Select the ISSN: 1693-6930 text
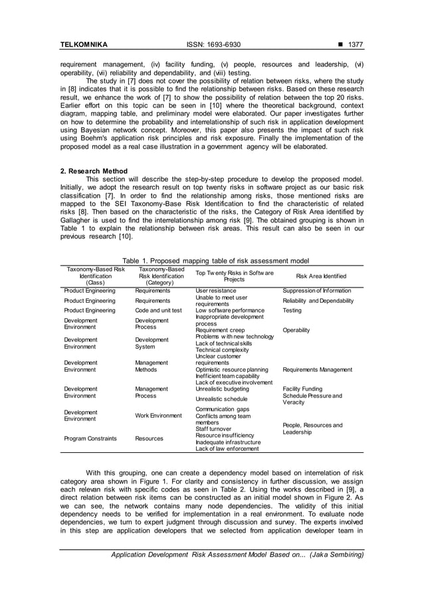211,44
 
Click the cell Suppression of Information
317,290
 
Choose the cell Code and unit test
158,310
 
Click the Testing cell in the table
292,310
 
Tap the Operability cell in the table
297,330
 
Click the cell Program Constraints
90,438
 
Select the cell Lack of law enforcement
227,449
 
